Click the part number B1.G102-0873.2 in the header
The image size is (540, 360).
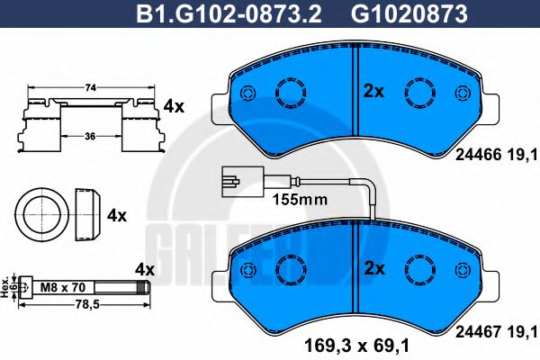point(229,14)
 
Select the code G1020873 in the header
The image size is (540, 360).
point(409,14)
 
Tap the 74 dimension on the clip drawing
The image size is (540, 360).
point(90,88)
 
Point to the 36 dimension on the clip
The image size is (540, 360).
point(90,137)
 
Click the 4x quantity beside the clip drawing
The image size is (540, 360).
point(174,107)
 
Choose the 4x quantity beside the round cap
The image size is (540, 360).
point(117,216)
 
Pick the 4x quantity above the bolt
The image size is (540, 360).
point(145,270)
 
